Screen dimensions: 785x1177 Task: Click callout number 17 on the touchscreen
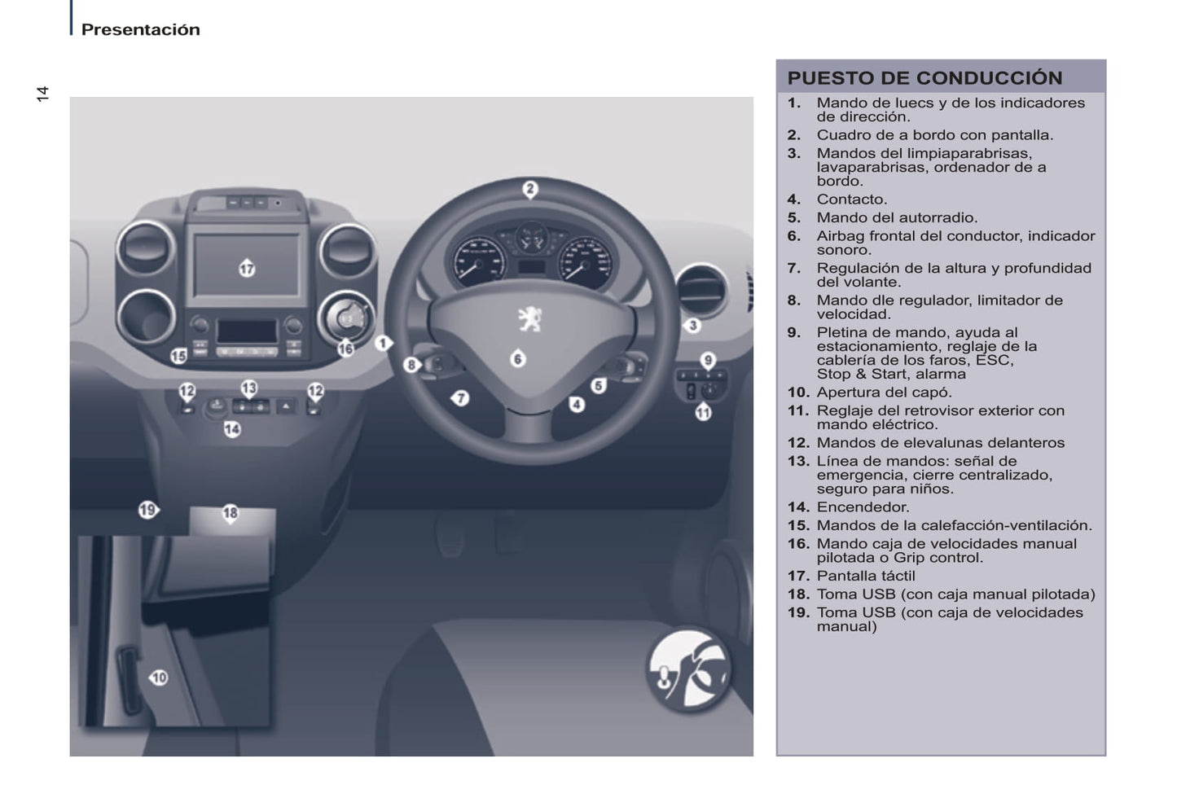point(247,268)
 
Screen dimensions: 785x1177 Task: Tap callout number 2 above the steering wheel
point(530,190)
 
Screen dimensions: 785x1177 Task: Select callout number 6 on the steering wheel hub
point(518,358)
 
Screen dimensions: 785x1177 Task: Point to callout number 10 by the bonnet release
point(158,678)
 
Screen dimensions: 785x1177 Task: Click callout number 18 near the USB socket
point(231,512)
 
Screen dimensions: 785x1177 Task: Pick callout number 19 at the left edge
point(147,511)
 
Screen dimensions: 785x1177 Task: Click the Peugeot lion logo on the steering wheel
point(529,318)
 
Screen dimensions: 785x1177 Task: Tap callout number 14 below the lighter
point(232,428)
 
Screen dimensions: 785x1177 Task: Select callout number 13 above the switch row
point(248,388)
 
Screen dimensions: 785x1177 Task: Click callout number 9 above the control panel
point(708,360)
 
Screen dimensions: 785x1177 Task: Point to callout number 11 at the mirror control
point(703,412)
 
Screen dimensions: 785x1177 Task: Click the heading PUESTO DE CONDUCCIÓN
point(924,78)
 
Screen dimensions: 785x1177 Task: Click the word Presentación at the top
point(140,29)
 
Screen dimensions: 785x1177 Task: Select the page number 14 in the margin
point(42,94)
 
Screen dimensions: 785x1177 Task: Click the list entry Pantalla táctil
point(866,576)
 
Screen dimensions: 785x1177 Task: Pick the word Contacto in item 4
point(851,200)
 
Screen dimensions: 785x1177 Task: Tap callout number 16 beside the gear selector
point(346,349)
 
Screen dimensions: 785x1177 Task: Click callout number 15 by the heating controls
point(178,355)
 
